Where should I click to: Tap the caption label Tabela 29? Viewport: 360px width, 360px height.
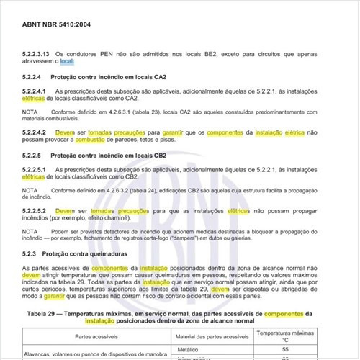(47, 314)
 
